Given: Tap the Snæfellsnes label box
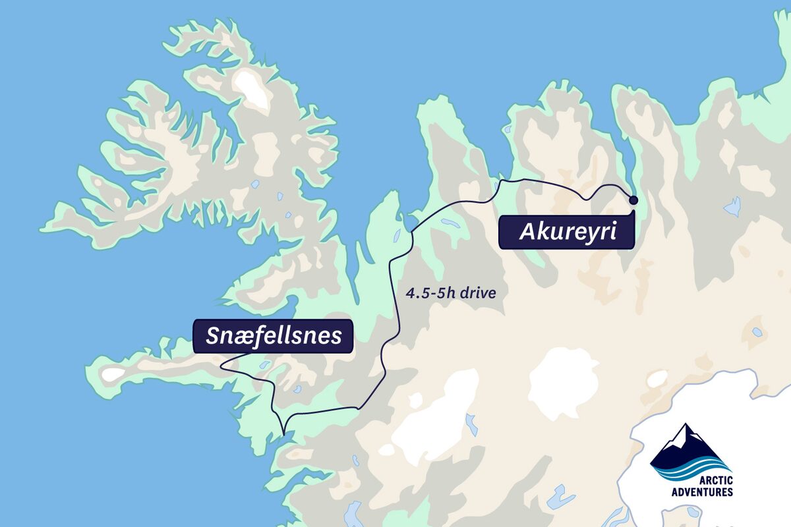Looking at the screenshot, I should click(273, 336).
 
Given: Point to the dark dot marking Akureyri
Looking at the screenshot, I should click(633, 200).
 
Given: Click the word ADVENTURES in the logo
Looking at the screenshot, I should click(701, 491).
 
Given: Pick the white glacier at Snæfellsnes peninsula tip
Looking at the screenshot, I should click(113, 374).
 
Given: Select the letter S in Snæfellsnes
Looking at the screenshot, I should click(213, 336).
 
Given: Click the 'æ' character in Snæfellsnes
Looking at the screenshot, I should click(246, 337).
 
